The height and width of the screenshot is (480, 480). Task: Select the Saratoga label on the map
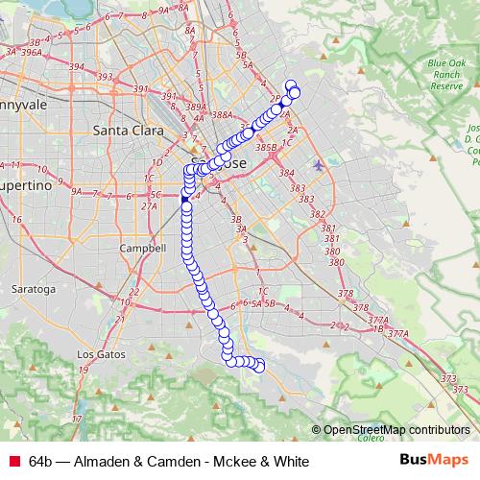point(33,288)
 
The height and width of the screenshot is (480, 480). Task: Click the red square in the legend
point(12,461)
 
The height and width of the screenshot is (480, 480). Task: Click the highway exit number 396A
point(31,53)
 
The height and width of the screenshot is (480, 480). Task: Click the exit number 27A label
point(149,205)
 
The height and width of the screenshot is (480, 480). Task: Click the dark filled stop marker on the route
point(186,200)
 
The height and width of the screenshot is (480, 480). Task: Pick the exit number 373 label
point(448,380)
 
